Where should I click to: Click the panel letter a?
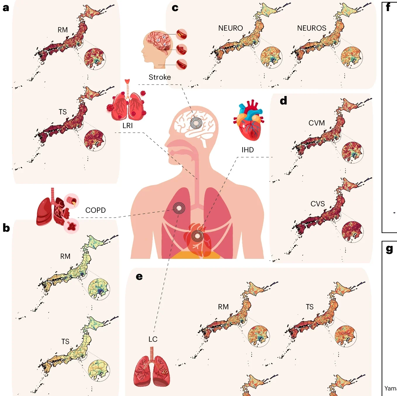coord(6,8)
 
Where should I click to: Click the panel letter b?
coord(6,228)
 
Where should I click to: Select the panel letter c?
coord(175,8)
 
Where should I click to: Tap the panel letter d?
coord(283,101)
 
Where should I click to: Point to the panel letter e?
coord(139,276)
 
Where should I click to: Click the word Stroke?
coord(160,77)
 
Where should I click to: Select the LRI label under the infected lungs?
coord(128,126)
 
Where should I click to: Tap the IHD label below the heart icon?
coord(247,150)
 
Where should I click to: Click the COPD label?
coord(96,210)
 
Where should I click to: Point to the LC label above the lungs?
coord(153,339)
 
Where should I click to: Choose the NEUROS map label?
coord(312,28)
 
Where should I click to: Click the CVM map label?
coord(317,123)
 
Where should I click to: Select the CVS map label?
coord(318,204)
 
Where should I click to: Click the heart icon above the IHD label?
coord(249,120)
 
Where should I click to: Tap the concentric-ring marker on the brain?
coord(196,123)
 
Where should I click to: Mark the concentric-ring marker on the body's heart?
coord(197,236)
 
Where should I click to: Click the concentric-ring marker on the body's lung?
coord(179,208)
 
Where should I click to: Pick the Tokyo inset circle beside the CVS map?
coord(353,232)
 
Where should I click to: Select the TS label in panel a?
coord(63,112)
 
